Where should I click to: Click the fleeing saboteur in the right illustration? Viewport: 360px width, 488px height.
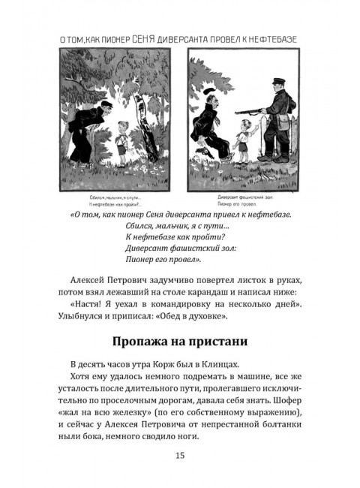210,124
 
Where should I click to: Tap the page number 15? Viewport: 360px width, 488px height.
179,456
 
